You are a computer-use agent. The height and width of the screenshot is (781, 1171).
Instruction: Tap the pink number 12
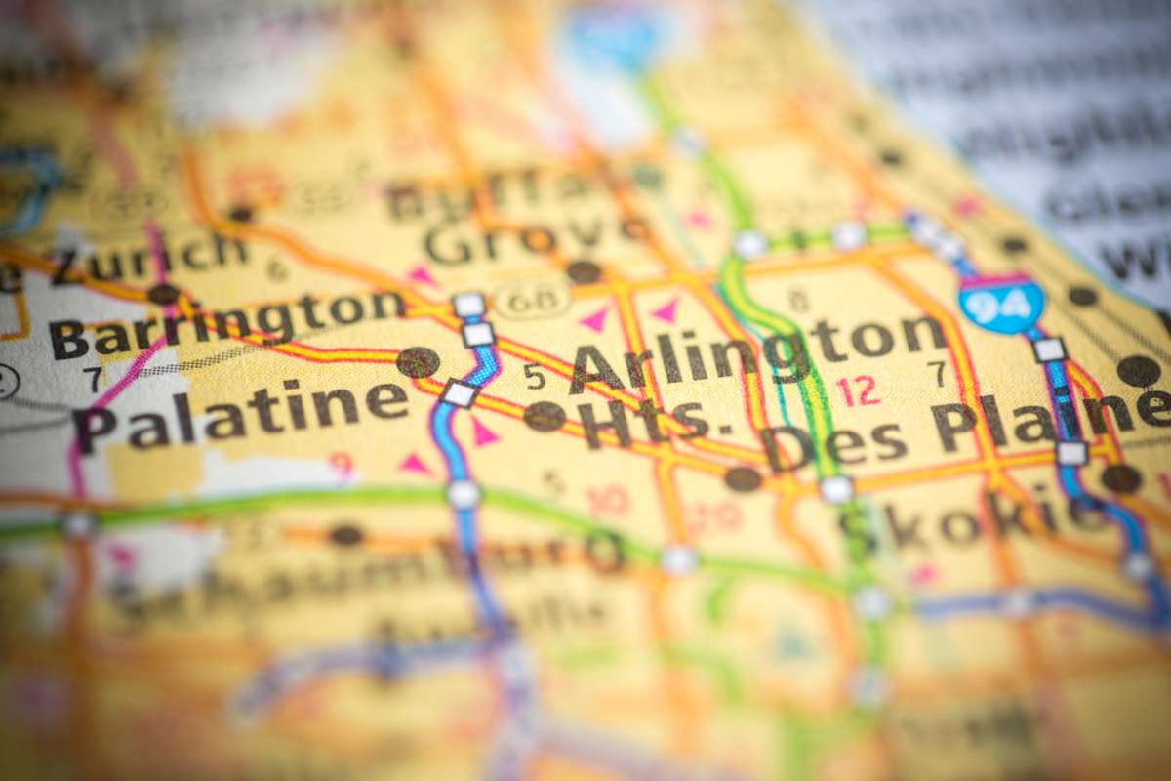[x=858, y=390]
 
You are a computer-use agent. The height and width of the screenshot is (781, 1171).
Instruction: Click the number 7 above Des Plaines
[x=937, y=374]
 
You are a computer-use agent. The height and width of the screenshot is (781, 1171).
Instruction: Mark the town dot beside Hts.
[x=544, y=417]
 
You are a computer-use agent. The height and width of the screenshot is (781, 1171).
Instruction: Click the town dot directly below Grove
[x=584, y=272]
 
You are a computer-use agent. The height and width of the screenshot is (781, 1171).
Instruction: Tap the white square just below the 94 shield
[x=1049, y=349]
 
